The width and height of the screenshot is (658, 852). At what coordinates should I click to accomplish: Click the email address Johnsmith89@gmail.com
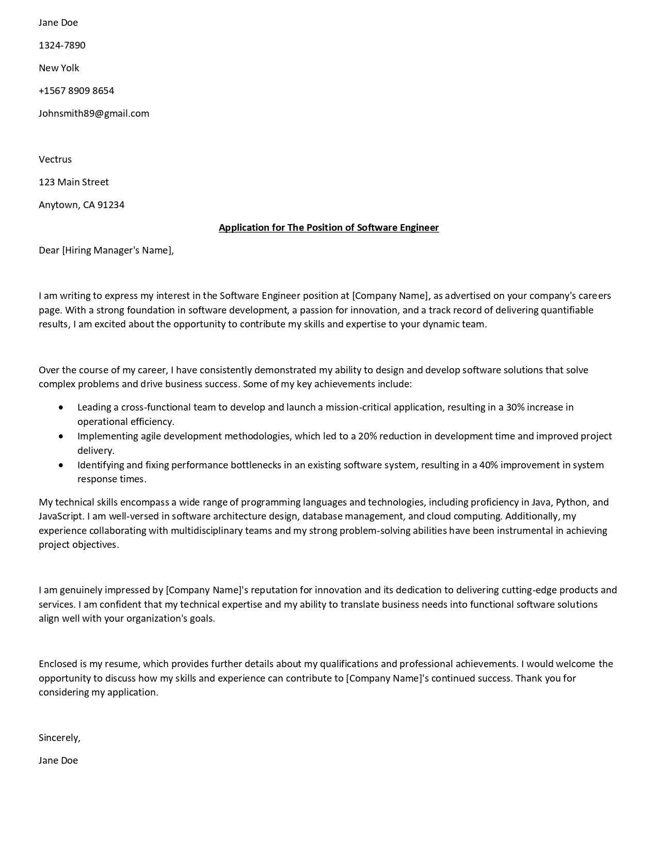[93, 114]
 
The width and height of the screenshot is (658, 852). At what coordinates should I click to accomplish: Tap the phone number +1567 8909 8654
[76, 91]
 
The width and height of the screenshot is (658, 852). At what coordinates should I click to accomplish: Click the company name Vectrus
[55, 160]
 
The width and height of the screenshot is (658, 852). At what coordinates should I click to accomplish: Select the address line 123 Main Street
[73, 182]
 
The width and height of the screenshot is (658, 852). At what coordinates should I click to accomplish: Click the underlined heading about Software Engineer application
[329, 228]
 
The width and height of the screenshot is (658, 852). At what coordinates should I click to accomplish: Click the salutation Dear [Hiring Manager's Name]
[106, 250]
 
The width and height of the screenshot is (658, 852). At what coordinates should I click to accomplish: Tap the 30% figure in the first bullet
[515, 407]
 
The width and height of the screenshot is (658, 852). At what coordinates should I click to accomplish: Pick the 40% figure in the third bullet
[488, 465]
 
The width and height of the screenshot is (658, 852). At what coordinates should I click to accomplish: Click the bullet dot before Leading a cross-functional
[61, 407]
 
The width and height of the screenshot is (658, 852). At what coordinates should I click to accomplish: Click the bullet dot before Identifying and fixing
[61, 465]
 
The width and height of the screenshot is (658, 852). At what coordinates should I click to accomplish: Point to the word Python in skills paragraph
[571, 502]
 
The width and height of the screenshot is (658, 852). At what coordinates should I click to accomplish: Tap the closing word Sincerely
[59, 738]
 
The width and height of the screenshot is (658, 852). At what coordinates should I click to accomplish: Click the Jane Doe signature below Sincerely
[58, 761]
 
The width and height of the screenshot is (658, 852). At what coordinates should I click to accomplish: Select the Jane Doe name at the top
[58, 23]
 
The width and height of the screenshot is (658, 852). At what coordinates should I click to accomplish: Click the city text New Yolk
[59, 68]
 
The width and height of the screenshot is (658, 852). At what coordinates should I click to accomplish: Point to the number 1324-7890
[62, 45]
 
